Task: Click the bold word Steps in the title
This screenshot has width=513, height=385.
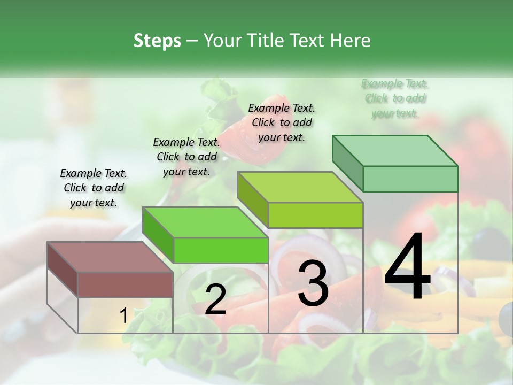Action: click(x=157, y=41)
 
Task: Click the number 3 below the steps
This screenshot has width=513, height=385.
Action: click(x=313, y=283)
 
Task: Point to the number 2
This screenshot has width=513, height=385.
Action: click(x=215, y=299)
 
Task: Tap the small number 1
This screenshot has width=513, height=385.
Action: click(x=123, y=316)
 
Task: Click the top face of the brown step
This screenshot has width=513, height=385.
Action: click(x=110, y=257)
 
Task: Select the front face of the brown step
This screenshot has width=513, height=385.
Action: click(x=125, y=284)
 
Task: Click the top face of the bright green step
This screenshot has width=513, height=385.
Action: click(x=205, y=222)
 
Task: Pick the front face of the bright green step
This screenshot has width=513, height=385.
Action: click(x=220, y=250)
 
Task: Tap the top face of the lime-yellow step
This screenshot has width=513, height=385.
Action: click(x=299, y=187)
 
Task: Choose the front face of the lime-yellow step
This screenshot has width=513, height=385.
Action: click(x=315, y=215)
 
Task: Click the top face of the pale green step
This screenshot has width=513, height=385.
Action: click(x=394, y=151)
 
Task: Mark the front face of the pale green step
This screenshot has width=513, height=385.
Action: click(x=410, y=179)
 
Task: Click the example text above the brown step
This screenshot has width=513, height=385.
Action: click(x=94, y=188)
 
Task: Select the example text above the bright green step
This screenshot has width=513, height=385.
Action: click(x=186, y=157)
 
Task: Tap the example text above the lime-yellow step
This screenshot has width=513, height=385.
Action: click(x=282, y=122)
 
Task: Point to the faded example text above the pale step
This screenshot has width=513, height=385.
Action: click(x=395, y=98)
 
